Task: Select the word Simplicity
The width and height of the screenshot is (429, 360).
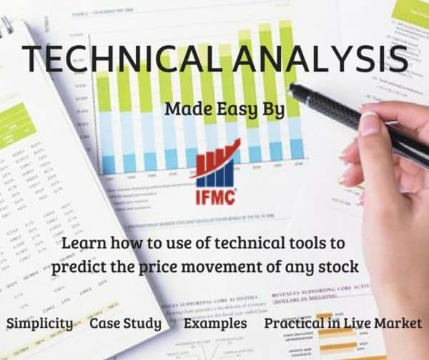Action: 39,323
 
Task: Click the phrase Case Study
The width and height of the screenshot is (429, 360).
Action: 125,323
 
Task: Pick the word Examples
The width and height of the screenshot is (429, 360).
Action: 215,323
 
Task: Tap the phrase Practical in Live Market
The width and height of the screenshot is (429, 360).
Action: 343,323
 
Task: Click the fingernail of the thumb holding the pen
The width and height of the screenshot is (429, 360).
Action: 369,123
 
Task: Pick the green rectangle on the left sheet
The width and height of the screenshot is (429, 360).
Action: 16,121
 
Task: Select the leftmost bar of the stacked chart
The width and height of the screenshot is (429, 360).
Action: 108,122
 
